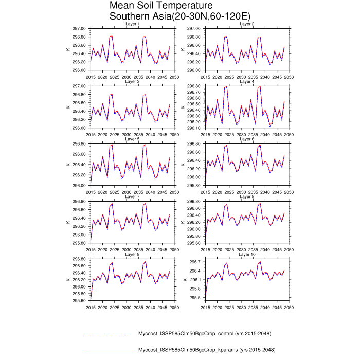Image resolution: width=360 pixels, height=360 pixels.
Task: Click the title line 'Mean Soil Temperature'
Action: click(154, 6)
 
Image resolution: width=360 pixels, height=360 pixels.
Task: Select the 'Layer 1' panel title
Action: click(133, 24)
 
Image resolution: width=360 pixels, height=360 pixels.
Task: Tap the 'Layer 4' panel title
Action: click(247, 81)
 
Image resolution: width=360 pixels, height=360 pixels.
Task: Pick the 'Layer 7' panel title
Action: click(133, 196)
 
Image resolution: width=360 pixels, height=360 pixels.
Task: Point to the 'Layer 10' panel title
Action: click(247, 254)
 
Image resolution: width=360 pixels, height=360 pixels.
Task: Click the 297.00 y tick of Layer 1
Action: click(80, 29)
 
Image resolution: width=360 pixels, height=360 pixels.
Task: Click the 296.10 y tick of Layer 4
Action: click(194, 128)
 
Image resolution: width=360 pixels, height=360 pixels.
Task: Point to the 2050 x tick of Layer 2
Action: click(289, 76)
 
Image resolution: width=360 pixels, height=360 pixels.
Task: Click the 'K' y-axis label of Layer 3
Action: click(69, 107)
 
